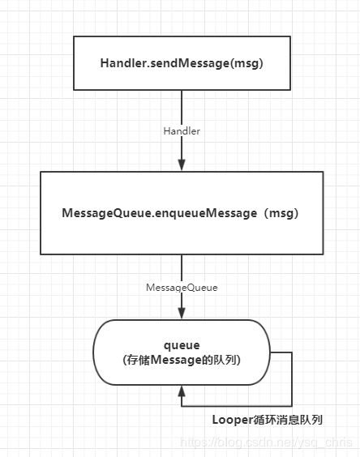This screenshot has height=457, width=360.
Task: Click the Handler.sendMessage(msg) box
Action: tap(182, 63)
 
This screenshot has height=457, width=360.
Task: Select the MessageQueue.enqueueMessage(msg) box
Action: tap(182, 213)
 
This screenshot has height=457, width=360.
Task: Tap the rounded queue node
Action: tap(182, 352)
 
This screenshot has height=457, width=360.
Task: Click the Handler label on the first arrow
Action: tap(182, 131)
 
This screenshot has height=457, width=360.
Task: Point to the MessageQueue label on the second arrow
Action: tap(182, 288)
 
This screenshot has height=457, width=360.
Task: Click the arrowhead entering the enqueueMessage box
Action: tap(182, 165)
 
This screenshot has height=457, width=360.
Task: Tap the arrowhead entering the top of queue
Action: tap(182, 314)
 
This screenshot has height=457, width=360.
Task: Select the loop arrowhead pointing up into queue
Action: tap(182, 391)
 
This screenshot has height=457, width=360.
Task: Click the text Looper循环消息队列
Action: tap(268, 420)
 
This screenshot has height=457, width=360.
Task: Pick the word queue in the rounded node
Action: tap(182, 345)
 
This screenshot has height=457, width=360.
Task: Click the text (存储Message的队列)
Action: tap(182, 360)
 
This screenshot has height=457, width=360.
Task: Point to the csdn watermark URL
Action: tap(266, 442)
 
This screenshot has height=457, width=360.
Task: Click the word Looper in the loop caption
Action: tap(233, 420)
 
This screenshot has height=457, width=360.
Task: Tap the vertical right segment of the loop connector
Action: tap(292, 379)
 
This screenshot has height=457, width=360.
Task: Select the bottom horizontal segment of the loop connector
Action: tap(237, 406)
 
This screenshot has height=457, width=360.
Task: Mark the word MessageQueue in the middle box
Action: tap(107, 213)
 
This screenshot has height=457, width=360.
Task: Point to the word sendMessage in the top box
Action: tap(190, 63)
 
